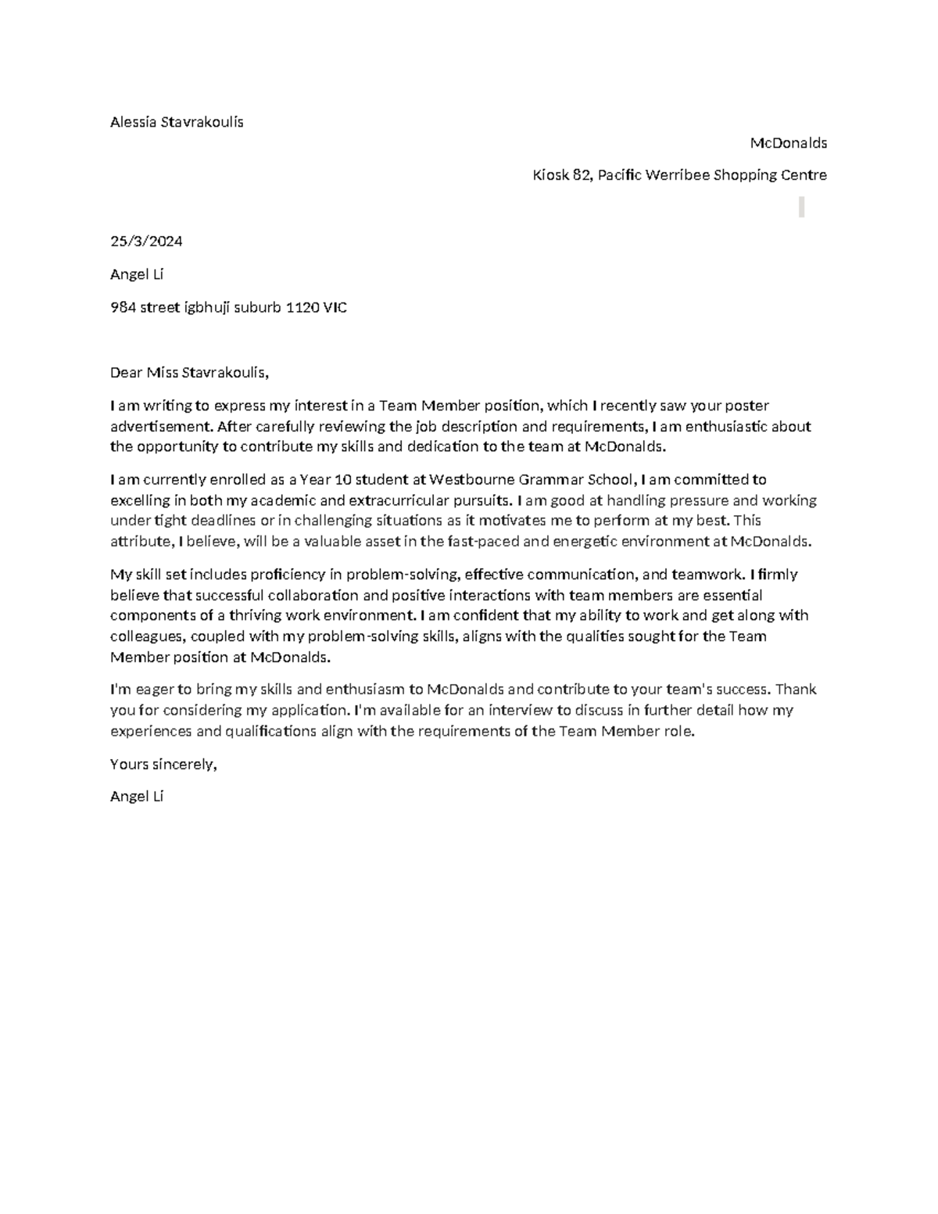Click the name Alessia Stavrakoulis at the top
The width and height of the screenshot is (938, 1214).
coord(177,122)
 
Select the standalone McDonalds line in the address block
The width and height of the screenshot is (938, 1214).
coord(788,143)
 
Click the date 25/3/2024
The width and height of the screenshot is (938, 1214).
coord(146,242)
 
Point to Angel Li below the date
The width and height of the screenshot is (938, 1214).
coord(137,274)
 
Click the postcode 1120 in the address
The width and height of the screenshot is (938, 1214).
coord(302,308)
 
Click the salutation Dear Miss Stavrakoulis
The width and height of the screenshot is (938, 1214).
coord(189,373)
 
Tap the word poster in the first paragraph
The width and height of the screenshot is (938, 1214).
coord(747,406)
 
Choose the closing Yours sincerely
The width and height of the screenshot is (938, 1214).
coord(163,765)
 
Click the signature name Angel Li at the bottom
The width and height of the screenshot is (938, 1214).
coord(137,797)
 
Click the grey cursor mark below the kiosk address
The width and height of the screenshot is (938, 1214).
coord(801,207)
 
